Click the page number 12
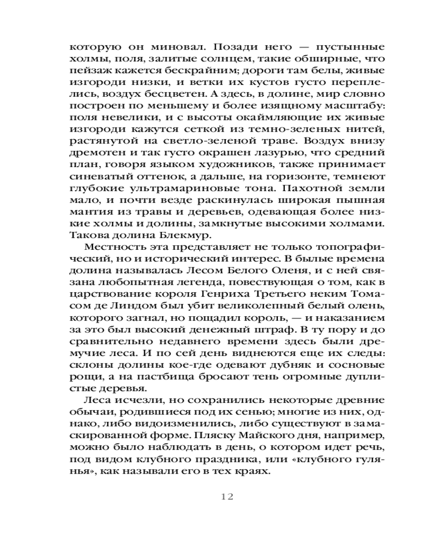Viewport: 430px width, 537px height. [x=226, y=496]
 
